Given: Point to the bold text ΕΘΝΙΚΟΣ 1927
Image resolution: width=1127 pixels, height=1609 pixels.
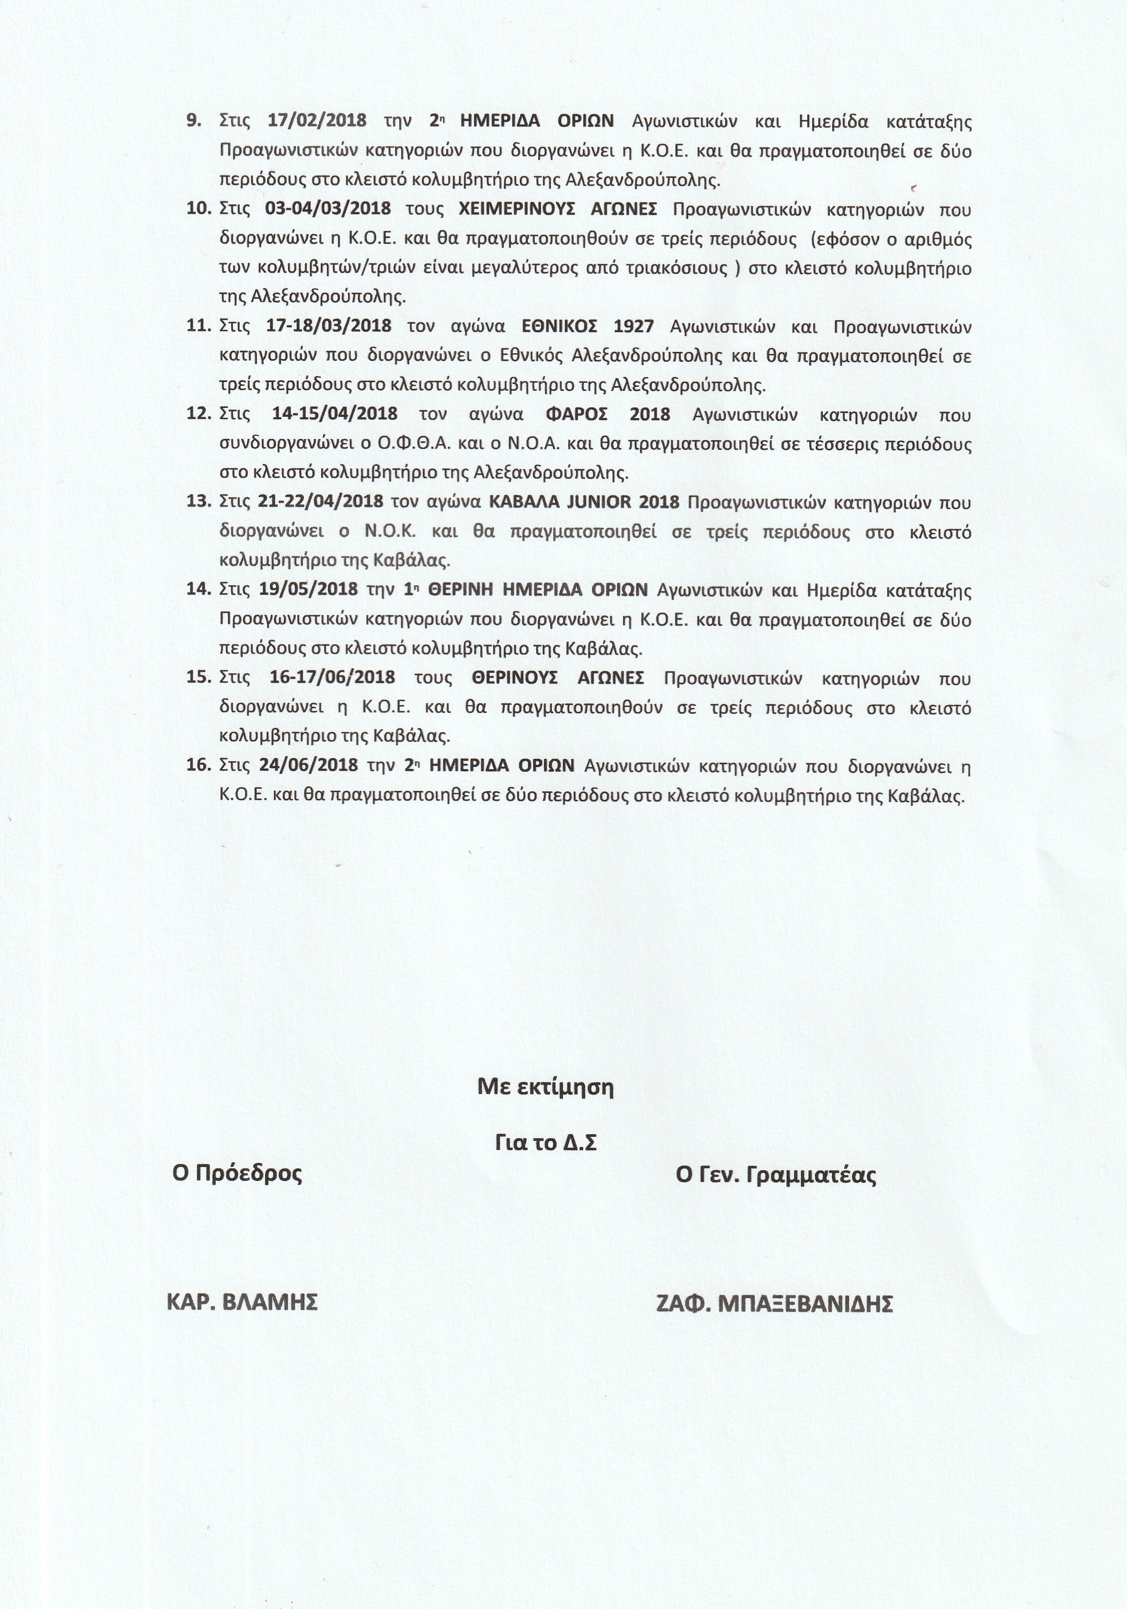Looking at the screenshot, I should click(588, 327).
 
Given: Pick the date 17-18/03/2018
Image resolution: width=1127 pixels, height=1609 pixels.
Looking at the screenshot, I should click(329, 327).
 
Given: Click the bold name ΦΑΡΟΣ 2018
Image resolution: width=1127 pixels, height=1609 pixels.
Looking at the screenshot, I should click(607, 414).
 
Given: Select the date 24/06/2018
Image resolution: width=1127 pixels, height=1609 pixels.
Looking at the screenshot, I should click(308, 766).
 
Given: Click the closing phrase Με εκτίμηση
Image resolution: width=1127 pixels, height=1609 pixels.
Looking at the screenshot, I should click(546, 1087).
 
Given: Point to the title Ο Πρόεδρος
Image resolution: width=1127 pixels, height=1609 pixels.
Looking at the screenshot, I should click(238, 1173).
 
